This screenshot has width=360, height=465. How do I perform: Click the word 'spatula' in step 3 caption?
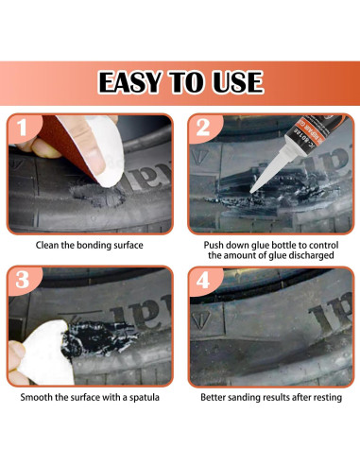(x=138, y=398)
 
